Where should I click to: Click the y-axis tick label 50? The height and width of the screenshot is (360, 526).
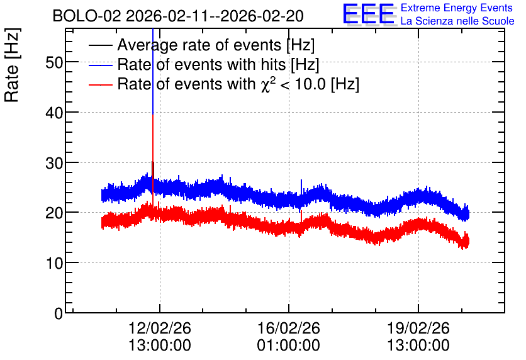click(54, 62)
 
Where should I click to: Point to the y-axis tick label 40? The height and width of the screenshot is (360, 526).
click(54, 113)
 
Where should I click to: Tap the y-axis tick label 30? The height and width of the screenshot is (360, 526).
click(54, 163)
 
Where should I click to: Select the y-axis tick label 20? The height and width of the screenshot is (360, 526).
click(54, 213)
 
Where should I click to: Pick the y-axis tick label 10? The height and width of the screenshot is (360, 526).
click(54, 263)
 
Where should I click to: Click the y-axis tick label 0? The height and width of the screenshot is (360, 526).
click(59, 313)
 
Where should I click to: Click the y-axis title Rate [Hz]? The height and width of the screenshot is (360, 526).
click(12, 65)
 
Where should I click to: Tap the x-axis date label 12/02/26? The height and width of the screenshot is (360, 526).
click(160, 328)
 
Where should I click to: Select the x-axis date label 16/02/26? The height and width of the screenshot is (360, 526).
click(289, 328)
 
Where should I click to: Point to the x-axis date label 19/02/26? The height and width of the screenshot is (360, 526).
click(418, 328)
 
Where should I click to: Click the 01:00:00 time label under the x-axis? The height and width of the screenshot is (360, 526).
click(289, 346)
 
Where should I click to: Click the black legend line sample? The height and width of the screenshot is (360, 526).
click(100, 45)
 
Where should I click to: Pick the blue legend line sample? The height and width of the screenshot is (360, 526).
click(100, 65)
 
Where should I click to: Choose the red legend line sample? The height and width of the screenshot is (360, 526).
click(100, 84)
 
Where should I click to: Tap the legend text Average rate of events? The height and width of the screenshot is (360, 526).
click(199, 45)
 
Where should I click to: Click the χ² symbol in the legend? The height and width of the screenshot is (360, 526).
click(269, 84)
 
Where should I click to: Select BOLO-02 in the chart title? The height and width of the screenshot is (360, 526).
click(87, 16)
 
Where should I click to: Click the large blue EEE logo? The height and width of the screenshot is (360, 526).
click(368, 14)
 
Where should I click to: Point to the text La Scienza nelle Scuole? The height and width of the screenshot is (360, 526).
click(457, 21)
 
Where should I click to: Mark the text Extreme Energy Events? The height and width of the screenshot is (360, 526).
click(457, 8)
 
